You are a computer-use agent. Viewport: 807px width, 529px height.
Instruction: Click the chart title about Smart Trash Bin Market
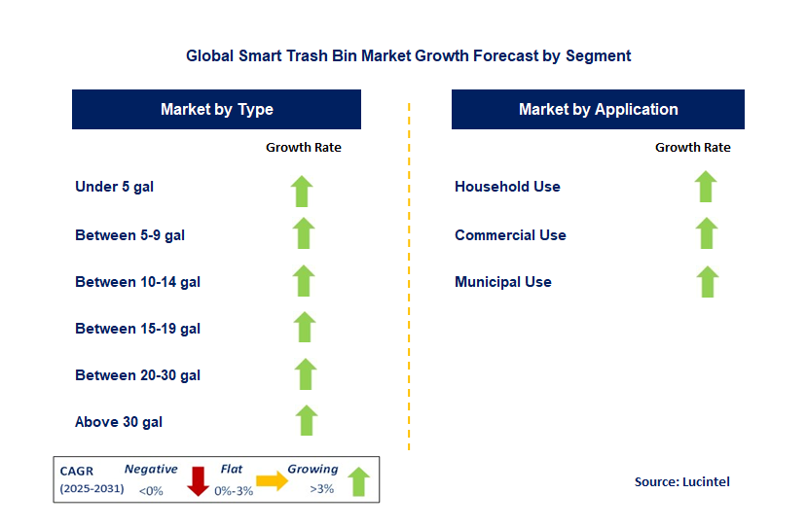tap(408, 56)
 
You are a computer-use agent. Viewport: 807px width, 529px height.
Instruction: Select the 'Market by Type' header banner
tap(216, 110)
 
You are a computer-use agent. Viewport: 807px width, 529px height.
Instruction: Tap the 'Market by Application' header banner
tap(598, 110)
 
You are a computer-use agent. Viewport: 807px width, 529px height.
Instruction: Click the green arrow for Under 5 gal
tap(303, 191)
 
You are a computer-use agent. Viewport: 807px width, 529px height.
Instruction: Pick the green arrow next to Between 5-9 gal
tap(304, 233)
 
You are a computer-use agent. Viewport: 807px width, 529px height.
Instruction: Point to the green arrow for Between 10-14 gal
tap(304, 280)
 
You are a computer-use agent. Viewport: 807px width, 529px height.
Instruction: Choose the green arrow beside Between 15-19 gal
tap(305, 327)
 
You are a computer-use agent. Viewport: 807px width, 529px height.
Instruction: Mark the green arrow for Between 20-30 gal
tap(306, 373)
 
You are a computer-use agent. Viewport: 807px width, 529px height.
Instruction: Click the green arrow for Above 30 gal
tap(307, 420)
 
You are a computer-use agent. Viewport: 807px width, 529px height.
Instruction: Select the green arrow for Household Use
tap(706, 186)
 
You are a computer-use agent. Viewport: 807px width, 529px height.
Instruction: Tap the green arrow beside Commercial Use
tap(707, 233)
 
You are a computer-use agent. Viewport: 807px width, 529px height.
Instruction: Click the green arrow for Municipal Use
tap(708, 281)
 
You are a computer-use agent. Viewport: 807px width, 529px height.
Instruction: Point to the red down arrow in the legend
tap(199, 481)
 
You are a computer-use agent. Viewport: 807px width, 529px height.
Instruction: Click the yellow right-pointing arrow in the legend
tap(273, 480)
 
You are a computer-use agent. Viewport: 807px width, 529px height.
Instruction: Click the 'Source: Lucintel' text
tap(681, 481)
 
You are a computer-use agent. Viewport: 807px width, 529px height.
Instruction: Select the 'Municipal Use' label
tap(503, 282)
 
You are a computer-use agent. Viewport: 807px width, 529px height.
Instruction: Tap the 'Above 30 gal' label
tap(119, 422)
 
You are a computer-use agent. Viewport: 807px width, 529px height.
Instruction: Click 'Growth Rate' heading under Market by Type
tap(304, 148)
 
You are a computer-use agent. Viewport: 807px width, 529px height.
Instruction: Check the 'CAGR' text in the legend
tap(77, 470)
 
